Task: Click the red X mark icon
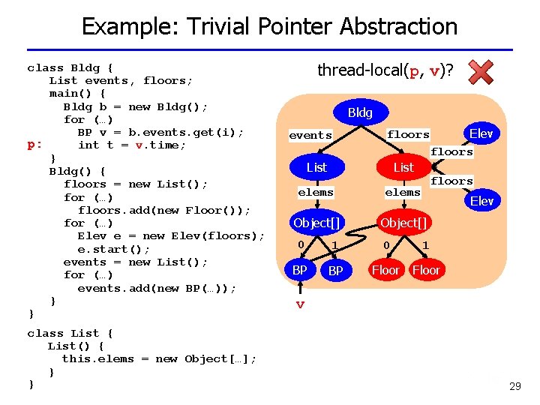click(x=481, y=73)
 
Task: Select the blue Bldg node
click(x=360, y=112)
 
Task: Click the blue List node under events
click(x=317, y=167)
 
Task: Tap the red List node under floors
click(x=403, y=167)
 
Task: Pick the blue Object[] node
click(x=316, y=223)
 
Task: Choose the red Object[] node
click(x=403, y=223)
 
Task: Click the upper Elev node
click(x=481, y=133)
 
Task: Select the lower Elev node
click(x=481, y=200)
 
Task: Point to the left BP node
click(x=300, y=270)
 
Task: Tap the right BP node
click(x=335, y=271)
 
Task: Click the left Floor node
click(x=385, y=270)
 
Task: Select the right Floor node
click(x=426, y=270)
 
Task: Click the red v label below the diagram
click(x=300, y=304)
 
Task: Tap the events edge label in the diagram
click(x=310, y=136)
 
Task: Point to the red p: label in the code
click(x=34, y=145)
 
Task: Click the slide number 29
click(x=514, y=387)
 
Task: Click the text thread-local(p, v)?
click(x=385, y=71)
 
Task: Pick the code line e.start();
click(x=114, y=249)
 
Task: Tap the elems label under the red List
click(x=403, y=193)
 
